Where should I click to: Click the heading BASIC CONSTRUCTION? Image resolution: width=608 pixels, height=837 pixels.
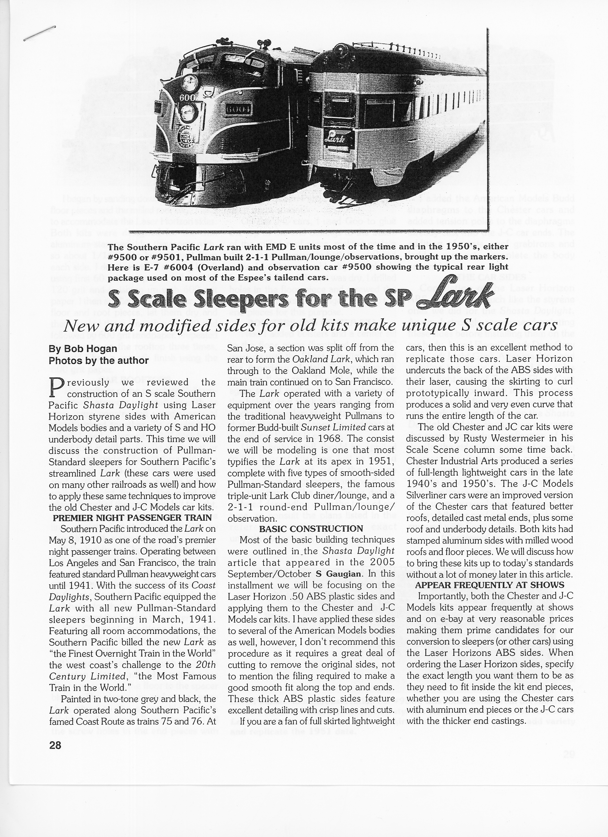coord(311,529)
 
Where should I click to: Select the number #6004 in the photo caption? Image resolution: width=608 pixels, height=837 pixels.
coord(168,267)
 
